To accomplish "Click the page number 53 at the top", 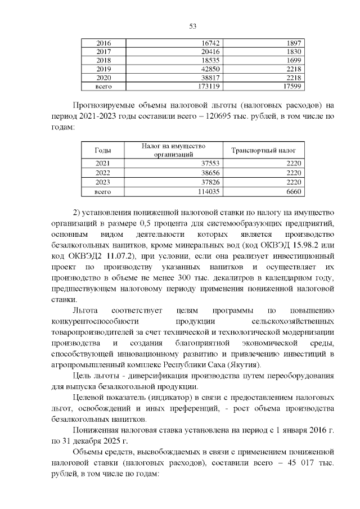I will [x=192, y=26].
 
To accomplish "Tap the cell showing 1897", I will [x=294, y=43].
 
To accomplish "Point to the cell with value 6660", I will [x=294, y=191].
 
